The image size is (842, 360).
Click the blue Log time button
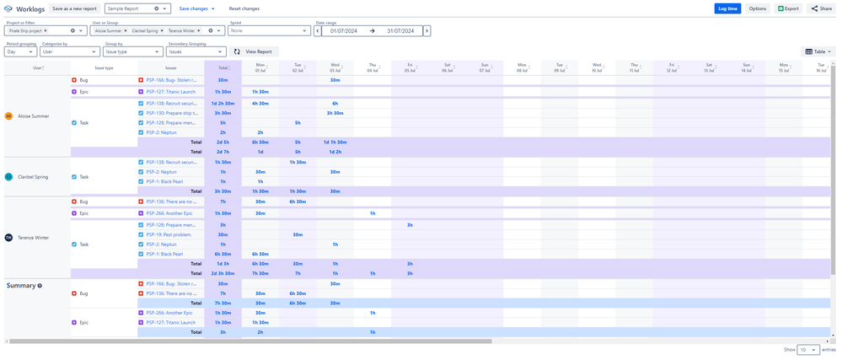[727, 8]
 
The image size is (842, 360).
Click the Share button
[821, 8]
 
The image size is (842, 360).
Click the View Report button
[254, 51]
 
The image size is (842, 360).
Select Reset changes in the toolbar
[244, 8]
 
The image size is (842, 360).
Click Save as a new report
[74, 8]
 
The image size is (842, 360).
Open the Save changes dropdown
[196, 8]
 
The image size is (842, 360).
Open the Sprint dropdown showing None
[269, 30]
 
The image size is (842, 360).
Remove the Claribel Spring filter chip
[161, 30]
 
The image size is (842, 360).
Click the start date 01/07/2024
[343, 30]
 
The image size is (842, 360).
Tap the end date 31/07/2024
[400, 30]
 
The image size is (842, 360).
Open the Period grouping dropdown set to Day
[20, 51]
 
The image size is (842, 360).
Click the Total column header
[223, 67]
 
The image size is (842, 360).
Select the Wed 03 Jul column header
[335, 67]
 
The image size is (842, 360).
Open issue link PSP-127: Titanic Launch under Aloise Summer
[171, 92]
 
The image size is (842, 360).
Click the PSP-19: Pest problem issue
[169, 234]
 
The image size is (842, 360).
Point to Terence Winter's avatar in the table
[9, 238]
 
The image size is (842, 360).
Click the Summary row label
[21, 286]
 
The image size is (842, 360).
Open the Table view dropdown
[818, 51]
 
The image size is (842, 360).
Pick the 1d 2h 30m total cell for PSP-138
[223, 104]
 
